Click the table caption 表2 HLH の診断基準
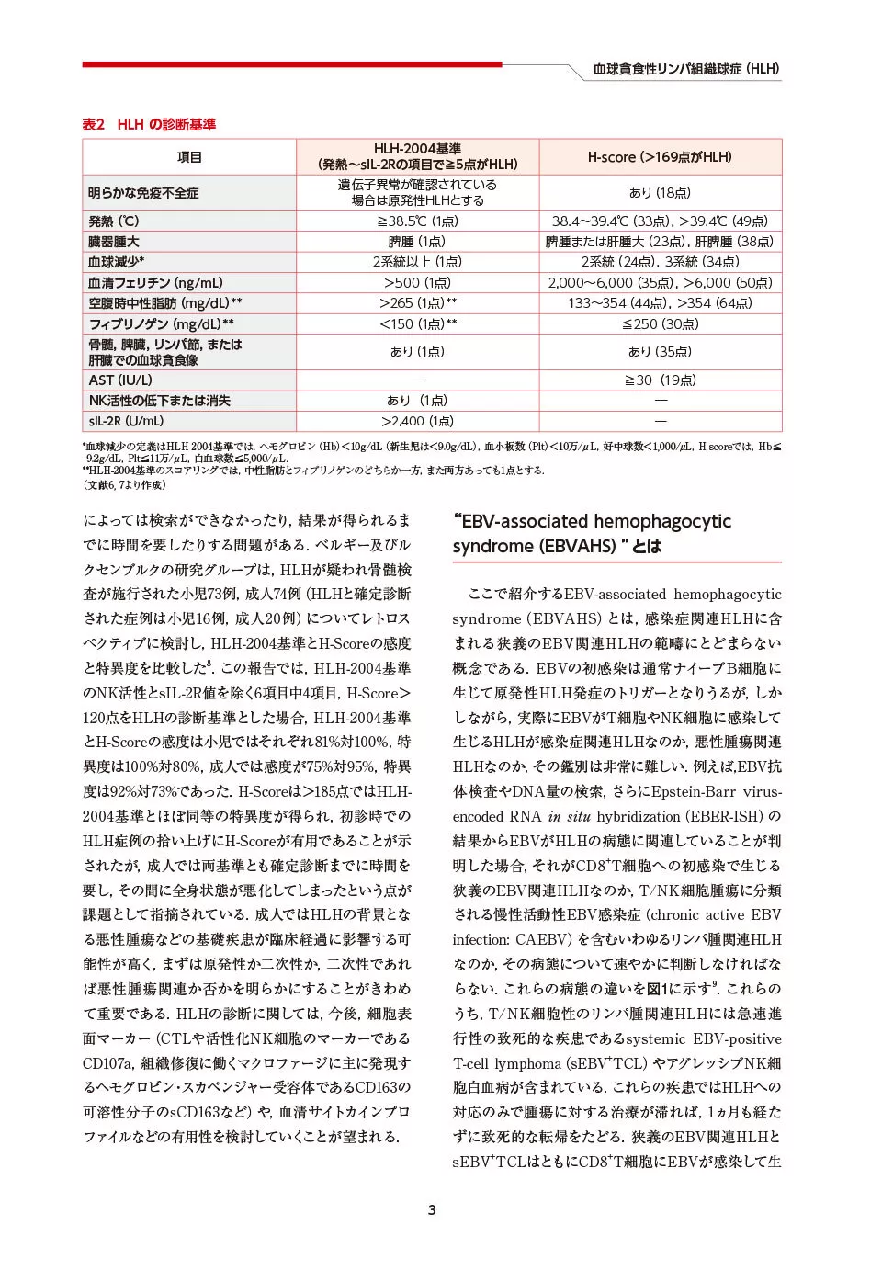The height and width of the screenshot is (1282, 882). (x=149, y=124)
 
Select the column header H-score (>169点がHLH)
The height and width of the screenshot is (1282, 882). (x=660, y=157)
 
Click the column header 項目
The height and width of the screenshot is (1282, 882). (x=189, y=157)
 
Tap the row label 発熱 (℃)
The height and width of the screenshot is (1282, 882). (x=114, y=221)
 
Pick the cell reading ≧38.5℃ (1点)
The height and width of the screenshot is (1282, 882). (x=417, y=221)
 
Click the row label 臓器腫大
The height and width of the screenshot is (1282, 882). (x=114, y=242)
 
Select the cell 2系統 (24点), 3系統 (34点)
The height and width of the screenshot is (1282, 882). (x=660, y=262)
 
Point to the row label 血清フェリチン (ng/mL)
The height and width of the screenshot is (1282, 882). (x=155, y=283)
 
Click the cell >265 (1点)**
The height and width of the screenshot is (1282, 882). (x=417, y=303)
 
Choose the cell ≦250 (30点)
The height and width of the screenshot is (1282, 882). (x=660, y=324)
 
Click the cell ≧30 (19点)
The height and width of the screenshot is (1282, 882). (x=660, y=380)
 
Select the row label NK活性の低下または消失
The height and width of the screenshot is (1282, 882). (x=159, y=401)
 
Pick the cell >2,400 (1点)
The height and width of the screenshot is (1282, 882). (x=417, y=421)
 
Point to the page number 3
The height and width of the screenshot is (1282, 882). (x=432, y=1209)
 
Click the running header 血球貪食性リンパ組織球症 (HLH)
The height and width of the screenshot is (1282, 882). (x=685, y=69)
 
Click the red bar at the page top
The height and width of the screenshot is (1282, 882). (x=291, y=64)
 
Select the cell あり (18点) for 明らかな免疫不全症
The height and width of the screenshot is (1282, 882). (x=660, y=193)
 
